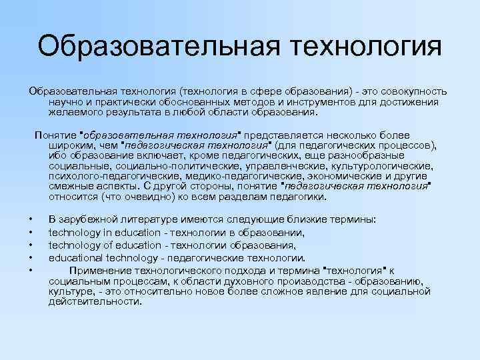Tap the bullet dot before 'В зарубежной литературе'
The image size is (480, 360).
coord(31,220)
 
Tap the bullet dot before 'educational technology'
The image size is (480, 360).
coord(31,258)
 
